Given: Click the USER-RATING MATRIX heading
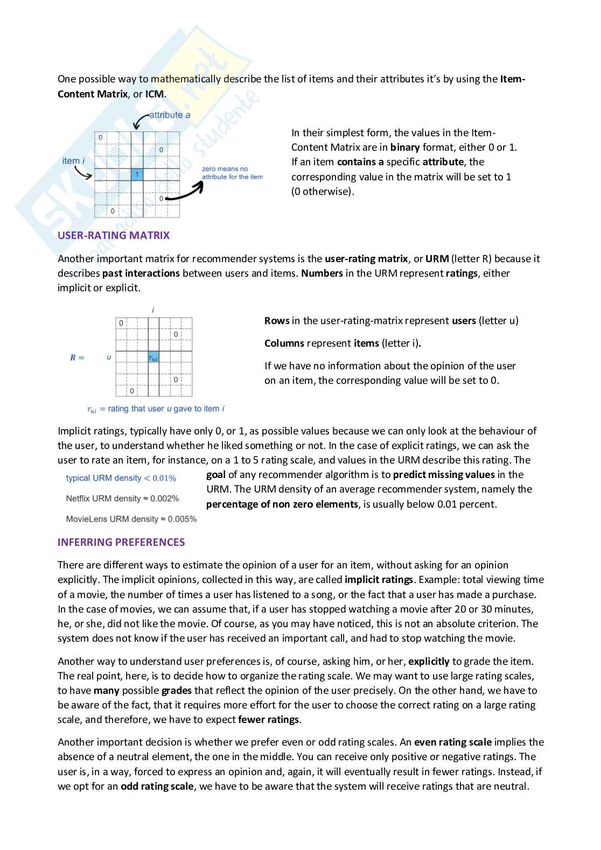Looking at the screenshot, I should [x=113, y=235].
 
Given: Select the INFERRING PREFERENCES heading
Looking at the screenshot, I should [x=121, y=542].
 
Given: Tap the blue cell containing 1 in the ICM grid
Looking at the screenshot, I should [x=137, y=174].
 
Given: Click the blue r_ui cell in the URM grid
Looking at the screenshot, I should [x=153, y=357].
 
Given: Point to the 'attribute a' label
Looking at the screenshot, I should [x=170, y=115].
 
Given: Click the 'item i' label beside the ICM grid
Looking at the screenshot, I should [x=73, y=160].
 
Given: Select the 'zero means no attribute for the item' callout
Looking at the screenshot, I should [x=232, y=173].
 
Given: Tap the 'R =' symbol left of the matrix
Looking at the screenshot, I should [x=77, y=357].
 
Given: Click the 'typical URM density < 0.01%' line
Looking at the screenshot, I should [x=121, y=478].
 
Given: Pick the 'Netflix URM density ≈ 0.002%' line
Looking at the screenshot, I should [x=122, y=498].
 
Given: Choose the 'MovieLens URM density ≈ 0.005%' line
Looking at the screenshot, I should [x=131, y=519].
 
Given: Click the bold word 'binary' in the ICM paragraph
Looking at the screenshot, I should [x=404, y=147].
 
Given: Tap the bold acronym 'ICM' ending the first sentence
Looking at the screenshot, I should [x=155, y=94].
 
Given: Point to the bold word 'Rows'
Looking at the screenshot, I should [x=277, y=321].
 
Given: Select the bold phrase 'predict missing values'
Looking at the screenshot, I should [x=443, y=475].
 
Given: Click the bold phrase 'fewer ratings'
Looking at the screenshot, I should [x=269, y=720].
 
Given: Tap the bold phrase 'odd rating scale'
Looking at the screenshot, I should [x=157, y=786].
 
